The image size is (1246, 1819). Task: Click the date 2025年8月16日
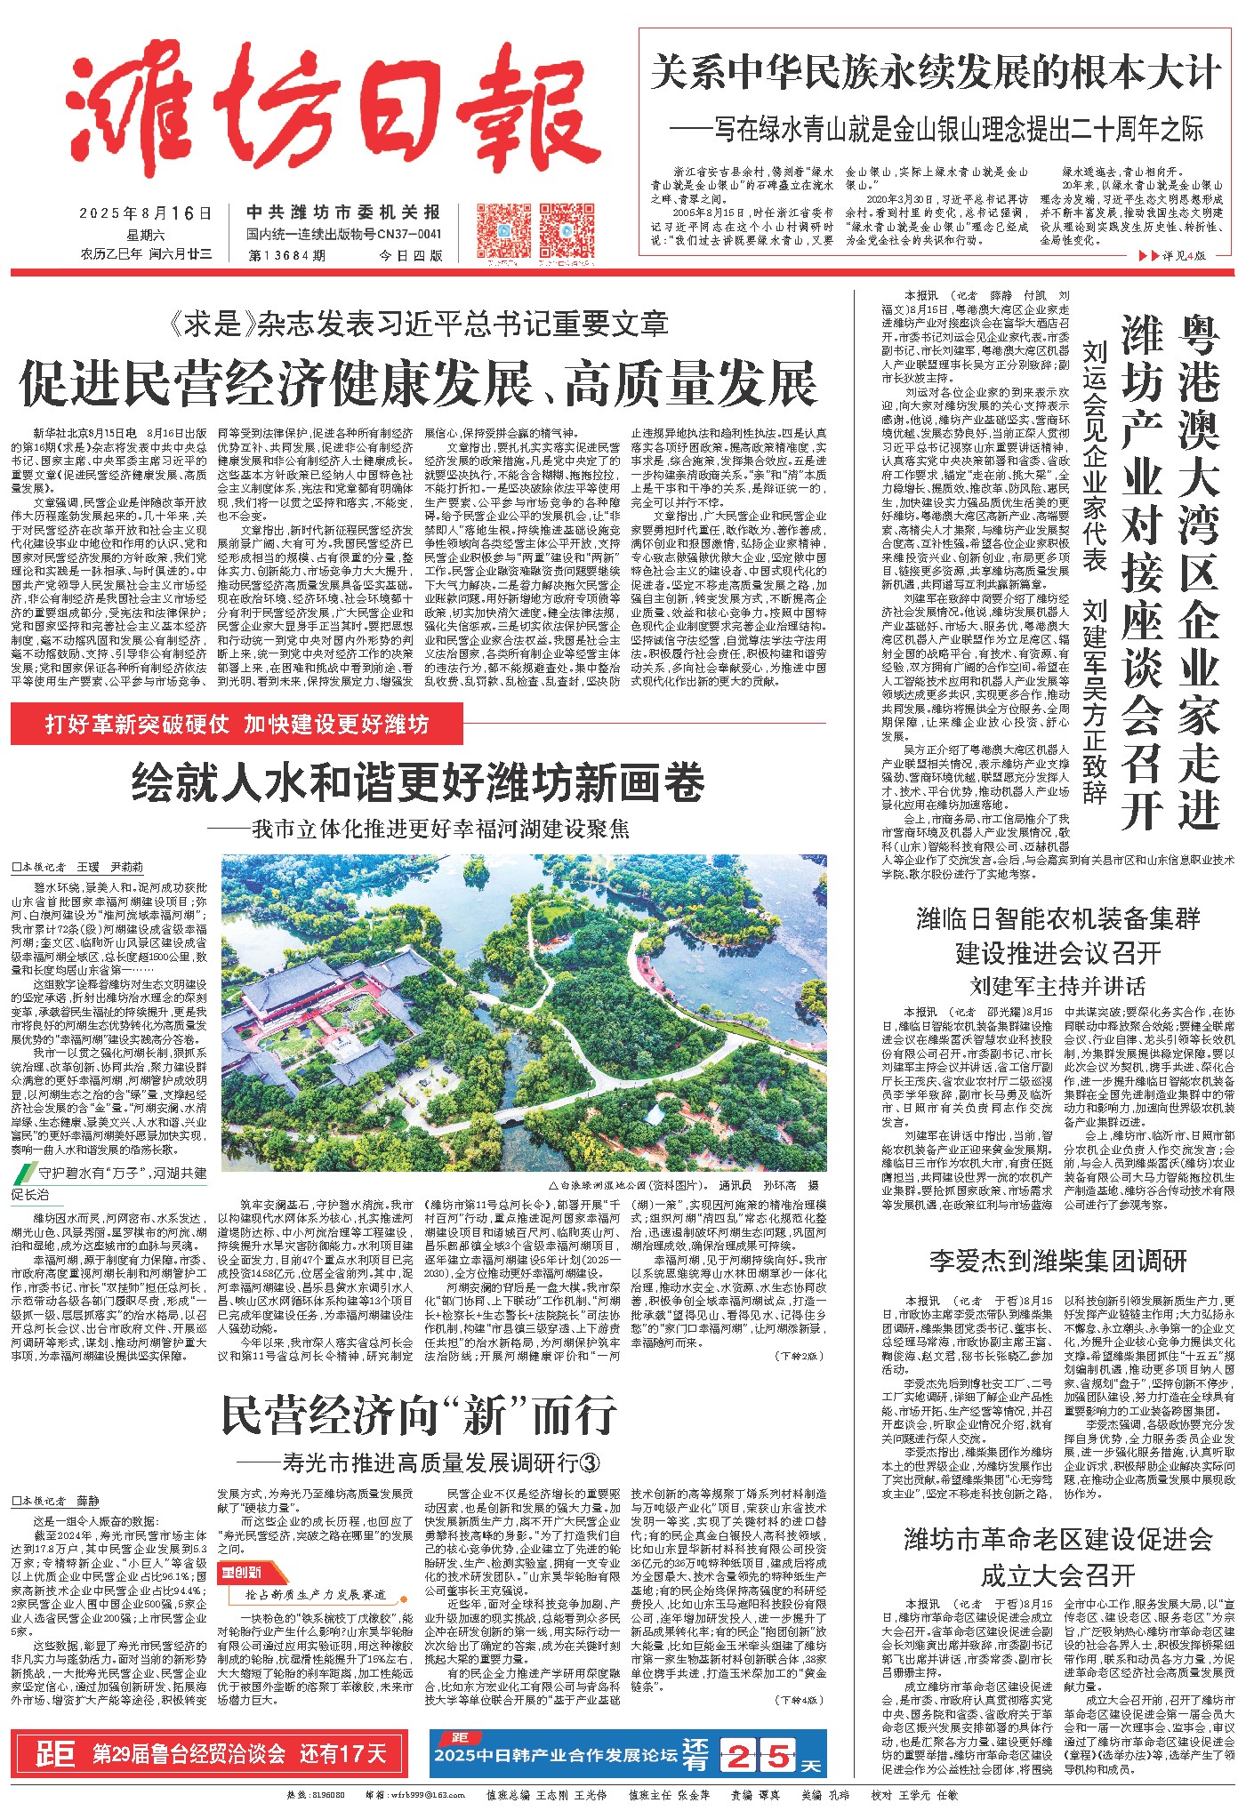(x=146, y=214)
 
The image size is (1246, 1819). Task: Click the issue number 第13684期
(x=287, y=255)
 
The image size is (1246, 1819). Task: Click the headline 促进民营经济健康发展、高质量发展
(x=418, y=385)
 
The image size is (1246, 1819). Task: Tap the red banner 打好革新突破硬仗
(x=237, y=725)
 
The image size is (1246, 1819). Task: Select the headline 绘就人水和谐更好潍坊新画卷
(x=418, y=783)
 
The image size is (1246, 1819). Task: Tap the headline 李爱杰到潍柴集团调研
(x=1057, y=1261)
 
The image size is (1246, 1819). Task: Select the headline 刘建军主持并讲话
(x=1057, y=985)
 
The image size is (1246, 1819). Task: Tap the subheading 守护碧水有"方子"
(x=111, y=1174)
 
